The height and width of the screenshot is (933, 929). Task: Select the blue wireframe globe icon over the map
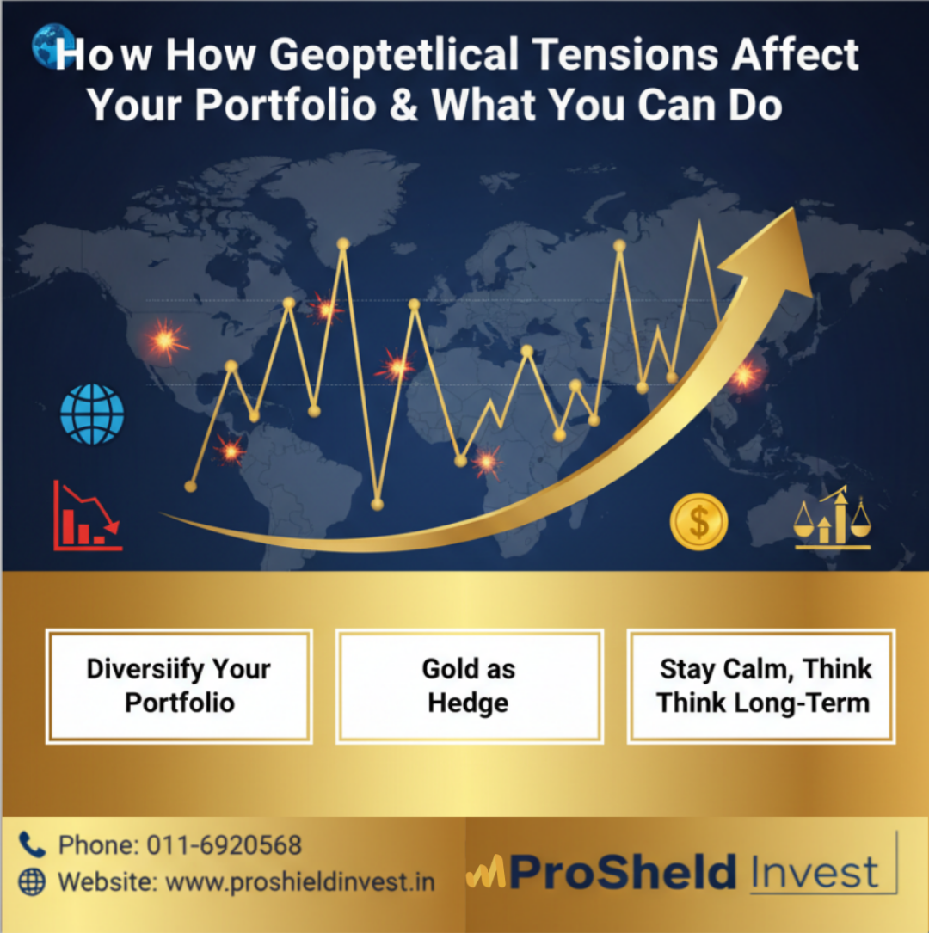92,414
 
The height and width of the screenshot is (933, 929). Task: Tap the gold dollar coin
698,522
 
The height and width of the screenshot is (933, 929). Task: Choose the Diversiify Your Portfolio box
179,686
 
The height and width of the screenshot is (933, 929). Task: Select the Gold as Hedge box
469,686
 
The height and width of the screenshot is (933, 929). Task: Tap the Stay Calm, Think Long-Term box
762,686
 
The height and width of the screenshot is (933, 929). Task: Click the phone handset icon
32,844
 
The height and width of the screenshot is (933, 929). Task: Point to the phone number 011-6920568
224,844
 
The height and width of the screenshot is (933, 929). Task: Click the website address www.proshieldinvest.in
300,881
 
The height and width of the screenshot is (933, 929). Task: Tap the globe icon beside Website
32,881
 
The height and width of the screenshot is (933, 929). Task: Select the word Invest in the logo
814,872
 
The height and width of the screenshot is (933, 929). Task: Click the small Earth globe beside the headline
48,46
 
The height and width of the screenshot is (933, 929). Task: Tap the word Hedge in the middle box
469,703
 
